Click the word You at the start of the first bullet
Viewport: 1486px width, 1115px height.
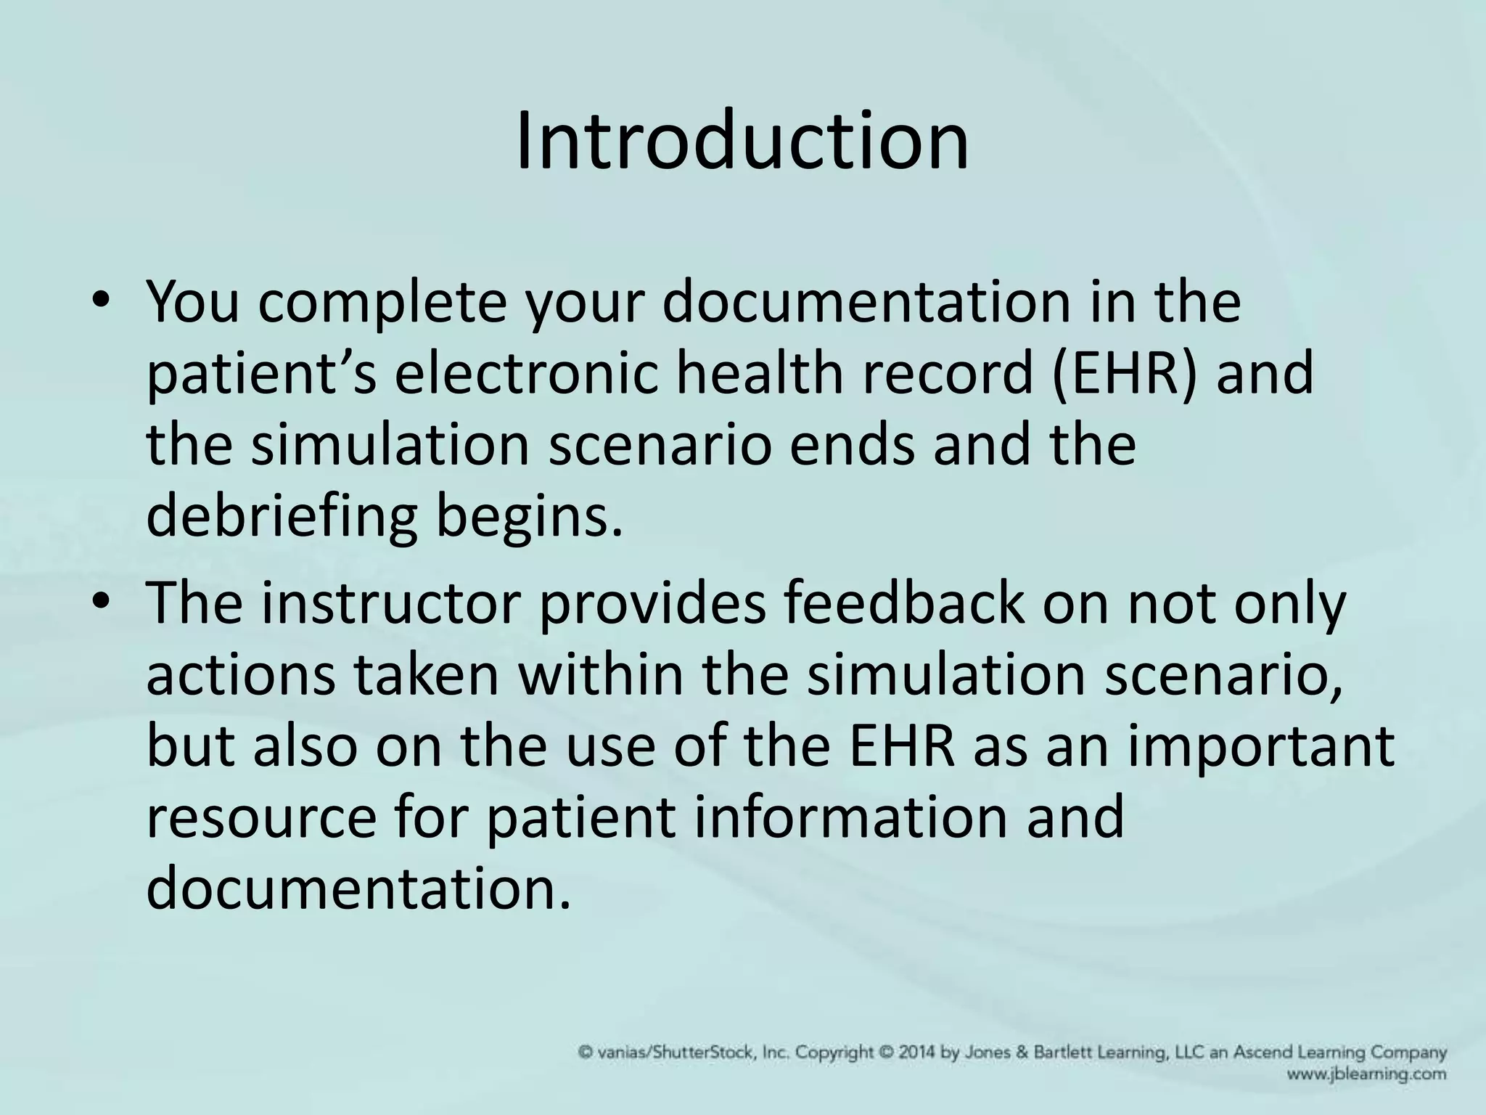click(x=192, y=303)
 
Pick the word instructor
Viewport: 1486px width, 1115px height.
click(x=390, y=604)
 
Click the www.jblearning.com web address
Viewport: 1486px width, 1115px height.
click(x=1367, y=1074)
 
